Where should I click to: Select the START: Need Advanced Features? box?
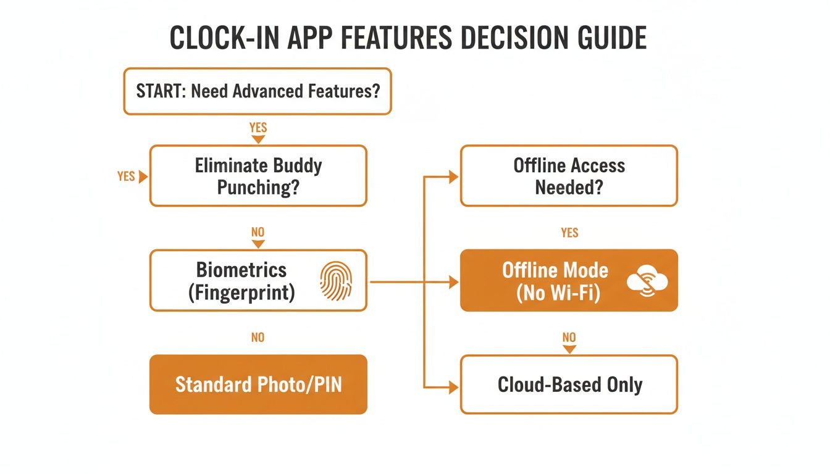(x=258, y=91)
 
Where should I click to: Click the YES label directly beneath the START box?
(x=258, y=128)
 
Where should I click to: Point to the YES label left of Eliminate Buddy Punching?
(x=126, y=177)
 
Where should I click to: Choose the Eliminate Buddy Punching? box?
(x=258, y=176)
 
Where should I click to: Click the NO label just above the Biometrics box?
(x=258, y=233)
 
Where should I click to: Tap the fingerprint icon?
(x=335, y=281)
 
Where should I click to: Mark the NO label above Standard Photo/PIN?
(x=258, y=338)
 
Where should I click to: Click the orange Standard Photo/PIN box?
(x=258, y=385)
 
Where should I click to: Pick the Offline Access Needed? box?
(x=569, y=176)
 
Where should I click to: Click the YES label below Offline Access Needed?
(x=569, y=233)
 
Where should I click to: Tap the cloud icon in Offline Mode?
(x=647, y=281)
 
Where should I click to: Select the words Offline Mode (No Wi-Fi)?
(x=555, y=281)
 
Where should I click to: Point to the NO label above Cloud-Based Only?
(x=569, y=338)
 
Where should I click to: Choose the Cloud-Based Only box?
(x=569, y=385)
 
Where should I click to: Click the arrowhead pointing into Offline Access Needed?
(x=454, y=177)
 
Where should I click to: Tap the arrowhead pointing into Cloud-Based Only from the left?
(x=454, y=388)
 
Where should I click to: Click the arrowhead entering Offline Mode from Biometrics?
(x=454, y=282)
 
